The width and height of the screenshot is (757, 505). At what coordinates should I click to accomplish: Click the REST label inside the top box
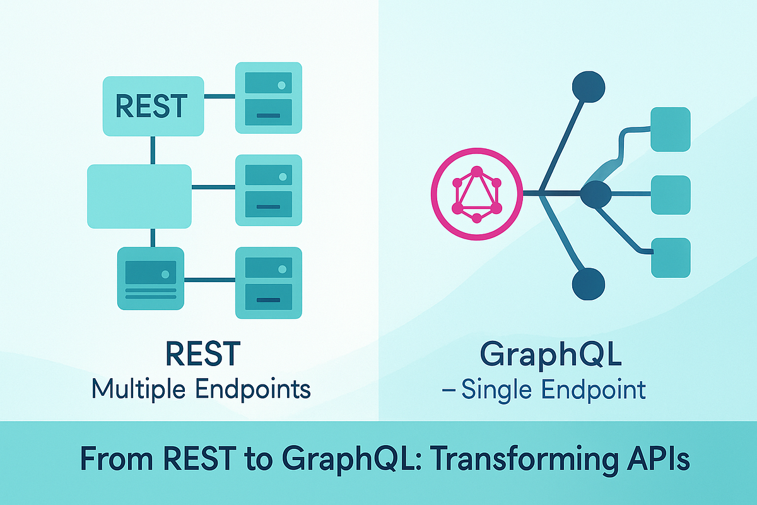tap(151, 106)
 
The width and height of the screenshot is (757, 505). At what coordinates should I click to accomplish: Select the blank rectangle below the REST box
tap(139, 196)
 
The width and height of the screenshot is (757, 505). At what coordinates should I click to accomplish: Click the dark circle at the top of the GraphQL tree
tap(589, 86)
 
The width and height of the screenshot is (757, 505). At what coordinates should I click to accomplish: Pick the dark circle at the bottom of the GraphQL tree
tap(589, 284)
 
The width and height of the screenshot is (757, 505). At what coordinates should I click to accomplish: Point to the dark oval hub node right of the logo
tap(596, 194)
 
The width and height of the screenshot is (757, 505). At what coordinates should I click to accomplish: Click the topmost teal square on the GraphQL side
tap(671, 129)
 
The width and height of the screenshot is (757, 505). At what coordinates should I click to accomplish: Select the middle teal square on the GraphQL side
tap(671, 194)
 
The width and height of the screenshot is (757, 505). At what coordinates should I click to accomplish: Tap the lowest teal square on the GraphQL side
tap(671, 258)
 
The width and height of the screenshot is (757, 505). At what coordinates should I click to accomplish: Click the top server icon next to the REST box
tap(269, 98)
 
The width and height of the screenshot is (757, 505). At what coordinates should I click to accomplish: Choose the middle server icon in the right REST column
tap(269, 190)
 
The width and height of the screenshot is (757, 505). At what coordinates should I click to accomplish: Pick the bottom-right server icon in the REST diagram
tap(269, 283)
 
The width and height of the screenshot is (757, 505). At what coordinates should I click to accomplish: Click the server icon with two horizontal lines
tap(151, 278)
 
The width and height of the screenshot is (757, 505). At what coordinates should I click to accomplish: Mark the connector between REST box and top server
tap(220, 97)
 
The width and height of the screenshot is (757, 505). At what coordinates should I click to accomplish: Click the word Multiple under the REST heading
tap(139, 389)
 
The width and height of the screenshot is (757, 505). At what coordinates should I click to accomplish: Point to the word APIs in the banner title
tap(659, 458)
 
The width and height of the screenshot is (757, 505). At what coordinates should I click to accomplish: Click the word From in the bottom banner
tap(117, 459)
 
